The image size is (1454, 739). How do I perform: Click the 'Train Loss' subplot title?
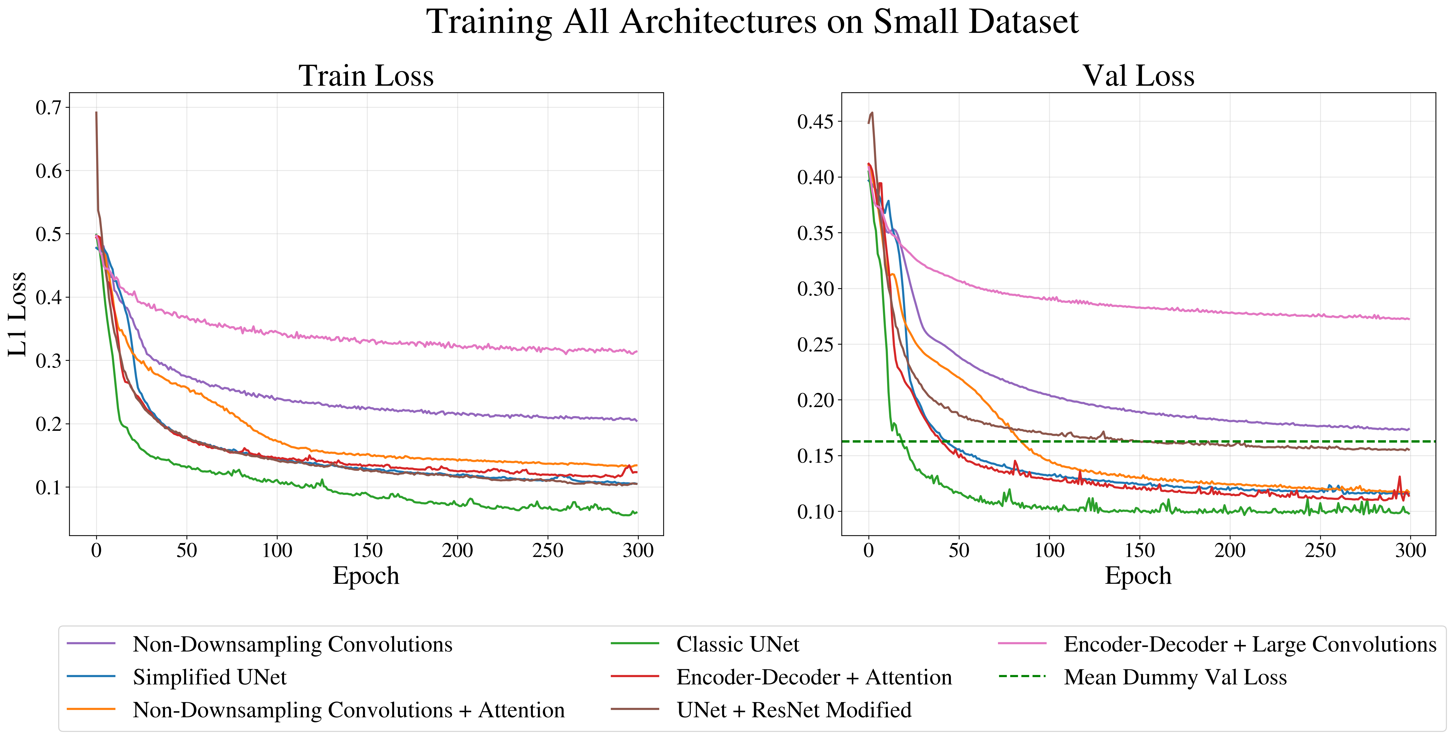point(366,76)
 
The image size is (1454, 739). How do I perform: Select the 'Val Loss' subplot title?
point(1138,76)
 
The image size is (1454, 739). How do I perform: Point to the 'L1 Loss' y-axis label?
point(18,314)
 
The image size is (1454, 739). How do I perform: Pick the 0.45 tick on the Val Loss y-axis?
point(815,121)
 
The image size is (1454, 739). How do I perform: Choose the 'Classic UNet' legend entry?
point(737,644)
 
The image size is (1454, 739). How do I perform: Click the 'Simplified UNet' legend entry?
point(210,677)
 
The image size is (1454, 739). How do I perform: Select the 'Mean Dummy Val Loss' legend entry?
point(1175,677)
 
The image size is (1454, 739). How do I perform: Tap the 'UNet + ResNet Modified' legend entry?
point(794,710)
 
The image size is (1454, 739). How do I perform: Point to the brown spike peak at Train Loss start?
point(96,112)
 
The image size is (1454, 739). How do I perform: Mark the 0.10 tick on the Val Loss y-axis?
point(815,512)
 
